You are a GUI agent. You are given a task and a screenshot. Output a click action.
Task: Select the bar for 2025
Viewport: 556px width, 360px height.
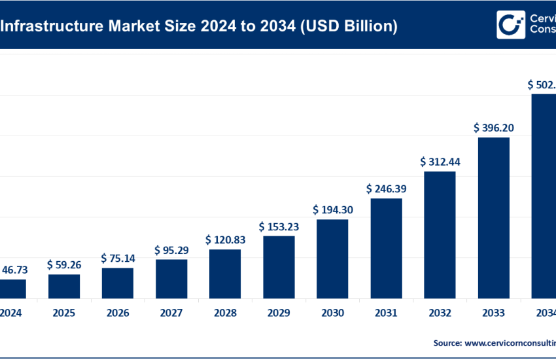64,287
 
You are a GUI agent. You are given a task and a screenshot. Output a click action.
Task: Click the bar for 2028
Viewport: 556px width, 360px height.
225,274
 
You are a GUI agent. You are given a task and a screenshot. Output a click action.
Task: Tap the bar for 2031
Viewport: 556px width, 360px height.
386,249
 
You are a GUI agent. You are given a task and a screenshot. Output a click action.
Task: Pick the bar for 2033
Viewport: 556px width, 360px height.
493,218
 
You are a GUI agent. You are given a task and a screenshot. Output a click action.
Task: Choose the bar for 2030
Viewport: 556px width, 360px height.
332,259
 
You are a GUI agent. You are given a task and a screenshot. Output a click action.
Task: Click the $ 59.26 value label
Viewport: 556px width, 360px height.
64,265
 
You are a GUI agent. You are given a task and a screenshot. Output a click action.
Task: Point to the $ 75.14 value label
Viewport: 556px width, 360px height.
118,259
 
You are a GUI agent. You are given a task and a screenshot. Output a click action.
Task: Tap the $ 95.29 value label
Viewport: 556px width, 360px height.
171,250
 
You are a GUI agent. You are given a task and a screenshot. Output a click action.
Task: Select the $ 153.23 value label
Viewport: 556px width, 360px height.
279,226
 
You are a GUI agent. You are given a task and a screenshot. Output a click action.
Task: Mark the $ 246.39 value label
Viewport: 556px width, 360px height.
386,189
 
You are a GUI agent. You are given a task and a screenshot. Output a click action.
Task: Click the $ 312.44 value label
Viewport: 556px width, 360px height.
440,162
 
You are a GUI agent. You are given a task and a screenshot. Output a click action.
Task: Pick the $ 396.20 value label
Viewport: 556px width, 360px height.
493,128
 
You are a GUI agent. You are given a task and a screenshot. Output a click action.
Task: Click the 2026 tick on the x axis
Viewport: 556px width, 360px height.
118,313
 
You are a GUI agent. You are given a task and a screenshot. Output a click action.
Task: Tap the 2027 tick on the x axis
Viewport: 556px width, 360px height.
171,313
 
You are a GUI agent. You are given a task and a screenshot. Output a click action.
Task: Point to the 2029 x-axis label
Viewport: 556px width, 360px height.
279,313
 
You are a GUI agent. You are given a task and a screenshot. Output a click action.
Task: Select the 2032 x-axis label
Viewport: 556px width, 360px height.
440,313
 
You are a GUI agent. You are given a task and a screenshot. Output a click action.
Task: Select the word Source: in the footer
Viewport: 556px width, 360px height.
447,342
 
